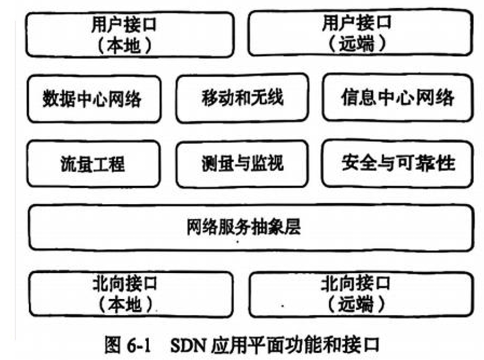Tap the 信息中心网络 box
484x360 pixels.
[397, 98]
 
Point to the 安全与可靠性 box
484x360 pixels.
[397, 163]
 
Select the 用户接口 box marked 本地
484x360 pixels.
[129, 34]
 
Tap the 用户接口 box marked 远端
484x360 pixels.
[359, 34]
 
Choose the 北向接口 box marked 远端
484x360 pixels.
[361, 294]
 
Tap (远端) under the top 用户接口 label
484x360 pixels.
[357, 44]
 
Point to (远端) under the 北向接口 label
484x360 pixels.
[357, 304]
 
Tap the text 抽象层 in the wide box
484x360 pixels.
[283, 227]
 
